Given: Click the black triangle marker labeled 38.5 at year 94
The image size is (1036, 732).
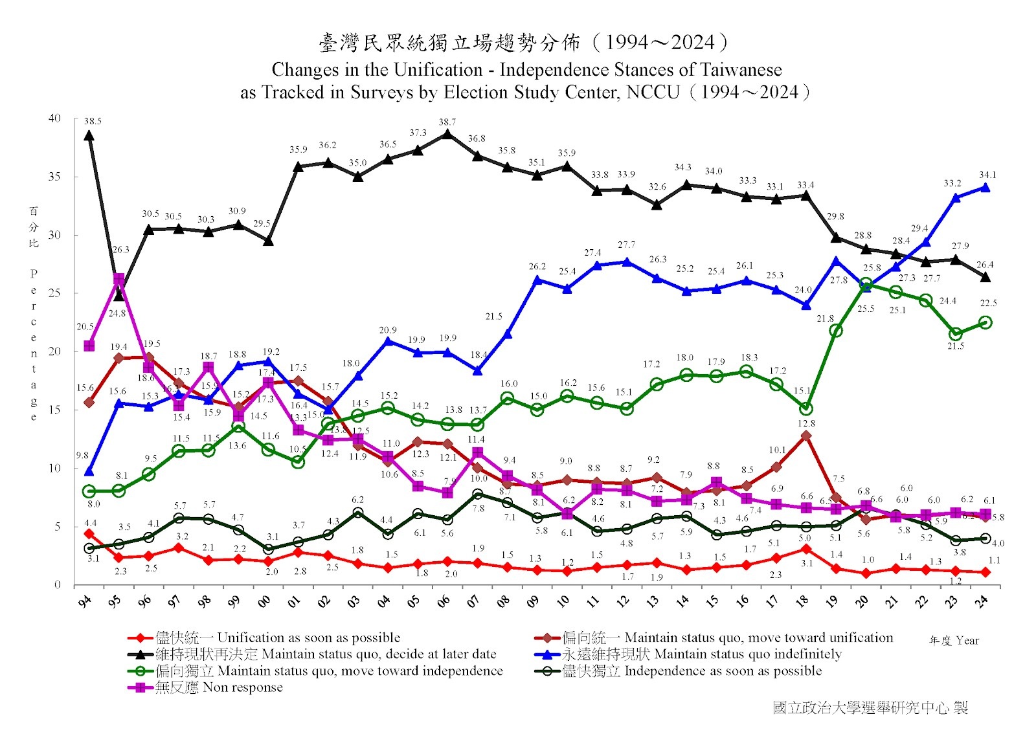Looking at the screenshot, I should [x=89, y=135].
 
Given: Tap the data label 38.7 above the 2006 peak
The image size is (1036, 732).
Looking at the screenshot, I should [x=447, y=122].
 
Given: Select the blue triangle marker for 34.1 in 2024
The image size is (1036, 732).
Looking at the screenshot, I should [x=985, y=188].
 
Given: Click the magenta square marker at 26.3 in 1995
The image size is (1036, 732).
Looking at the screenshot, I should [x=118, y=279].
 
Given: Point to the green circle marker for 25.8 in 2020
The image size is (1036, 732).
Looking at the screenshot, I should [x=866, y=284].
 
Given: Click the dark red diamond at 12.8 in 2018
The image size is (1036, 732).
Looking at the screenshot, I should [x=806, y=436].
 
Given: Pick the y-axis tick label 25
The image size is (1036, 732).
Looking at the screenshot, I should [x=54, y=293].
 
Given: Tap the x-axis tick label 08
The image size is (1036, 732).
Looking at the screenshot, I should [x=503, y=601].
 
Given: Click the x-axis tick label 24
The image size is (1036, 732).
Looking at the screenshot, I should [x=982, y=601].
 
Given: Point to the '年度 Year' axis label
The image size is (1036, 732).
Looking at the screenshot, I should [x=954, y=641].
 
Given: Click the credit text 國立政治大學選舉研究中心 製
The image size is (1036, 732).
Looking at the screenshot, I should [x=870, y=707].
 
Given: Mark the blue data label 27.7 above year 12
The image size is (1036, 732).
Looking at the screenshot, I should [x=626, y=245].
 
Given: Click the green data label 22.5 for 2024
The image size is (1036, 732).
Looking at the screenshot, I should [x=988, y=303].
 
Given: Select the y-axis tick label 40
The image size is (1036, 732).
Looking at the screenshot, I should [x=54, y=118].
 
